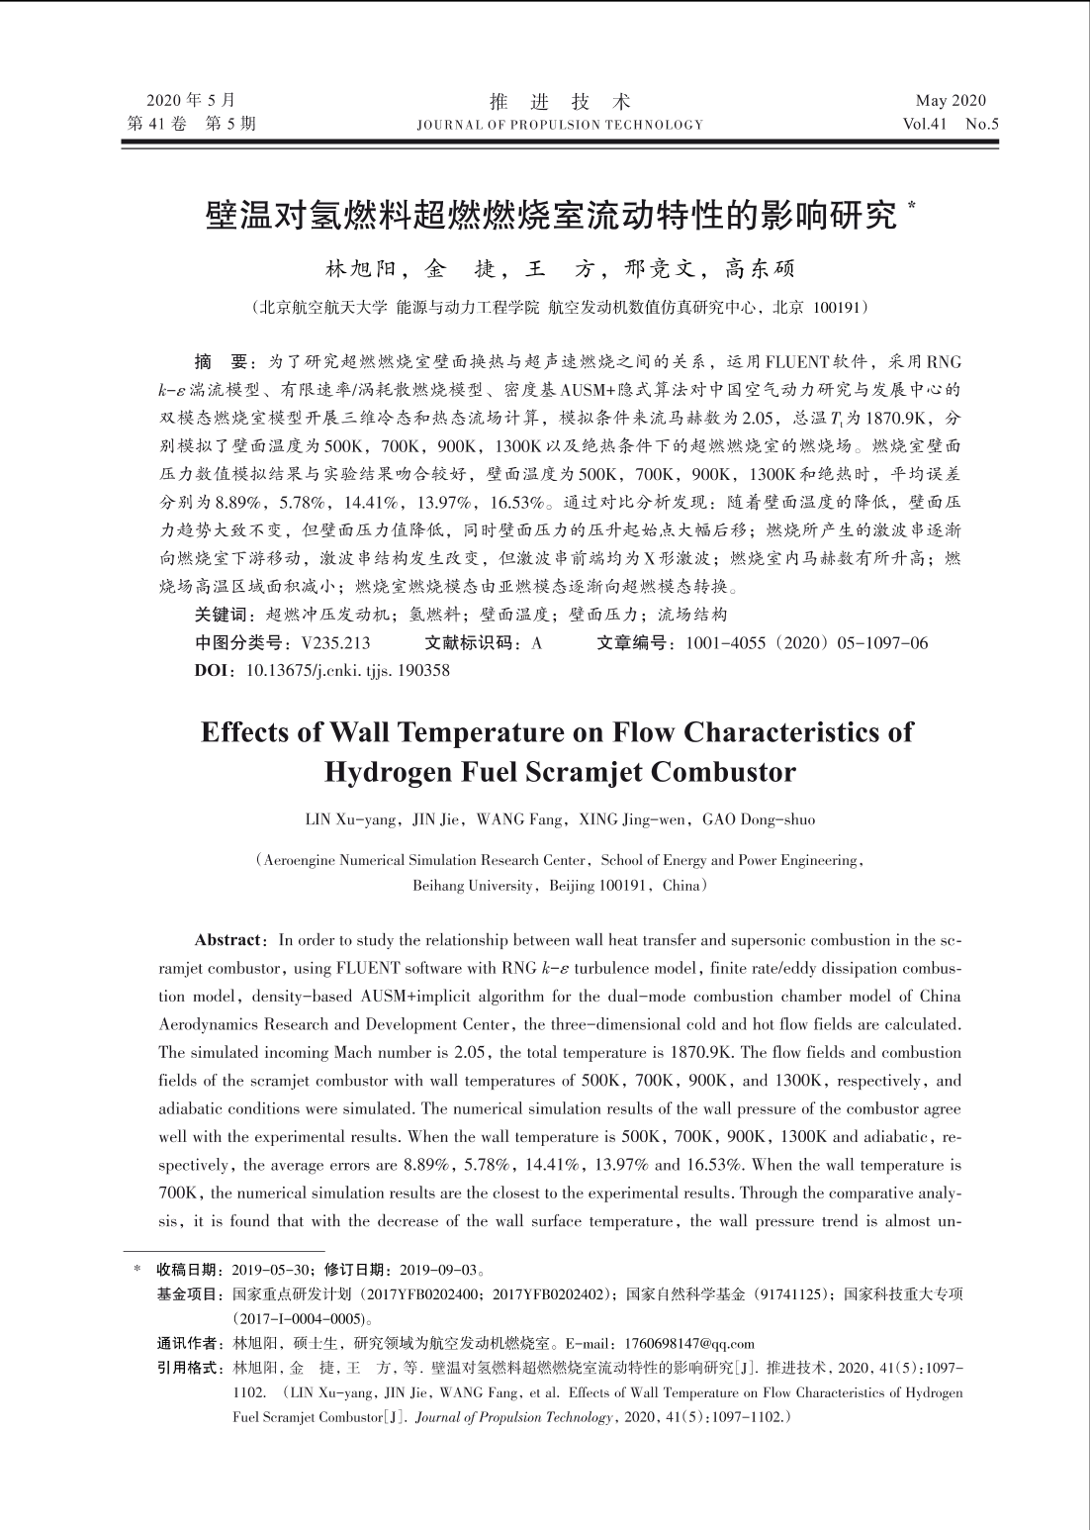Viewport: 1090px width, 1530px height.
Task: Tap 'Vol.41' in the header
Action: tap(925, 125)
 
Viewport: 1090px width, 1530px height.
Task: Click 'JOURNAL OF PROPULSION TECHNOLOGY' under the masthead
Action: tap(560, 125)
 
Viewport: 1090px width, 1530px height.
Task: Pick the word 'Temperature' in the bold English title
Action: tap(448, 732)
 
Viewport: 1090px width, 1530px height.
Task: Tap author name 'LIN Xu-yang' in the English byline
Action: tap(340, 819)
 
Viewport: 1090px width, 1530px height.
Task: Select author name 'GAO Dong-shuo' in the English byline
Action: tap(759, 819)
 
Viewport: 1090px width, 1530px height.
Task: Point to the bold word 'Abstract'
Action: tap(229, 939)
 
